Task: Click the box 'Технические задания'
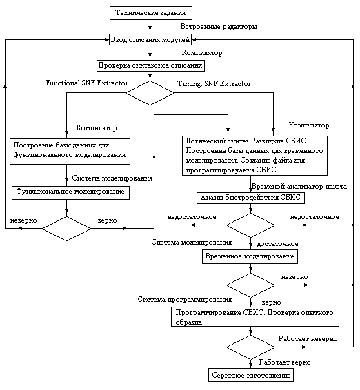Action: coord(151,13)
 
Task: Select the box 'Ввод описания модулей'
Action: coord(150,39)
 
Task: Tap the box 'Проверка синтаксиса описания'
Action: coord(150,65)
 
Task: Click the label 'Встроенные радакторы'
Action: coord(219,27)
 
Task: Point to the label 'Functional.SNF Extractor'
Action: coord(87,83)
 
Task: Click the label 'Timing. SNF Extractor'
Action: coord(214,83)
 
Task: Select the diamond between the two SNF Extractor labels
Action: coord(150,93)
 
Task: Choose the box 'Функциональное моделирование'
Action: coord(71,193)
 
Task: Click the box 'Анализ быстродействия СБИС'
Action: coord(250,198)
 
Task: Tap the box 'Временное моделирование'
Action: coord(250,257)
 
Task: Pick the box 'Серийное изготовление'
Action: coord(251,375)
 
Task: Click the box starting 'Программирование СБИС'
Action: coord(255,317)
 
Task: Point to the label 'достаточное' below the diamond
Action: coord(277,244)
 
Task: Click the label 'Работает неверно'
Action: coord(308,339)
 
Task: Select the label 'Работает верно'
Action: coord(285,362)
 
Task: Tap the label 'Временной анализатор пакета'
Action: coord(299,187)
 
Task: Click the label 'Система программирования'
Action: coord(185,300)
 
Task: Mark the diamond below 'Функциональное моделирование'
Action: coord(66,229)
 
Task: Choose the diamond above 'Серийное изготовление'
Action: coord(251,347)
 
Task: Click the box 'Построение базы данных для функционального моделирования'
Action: coord(70,152)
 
